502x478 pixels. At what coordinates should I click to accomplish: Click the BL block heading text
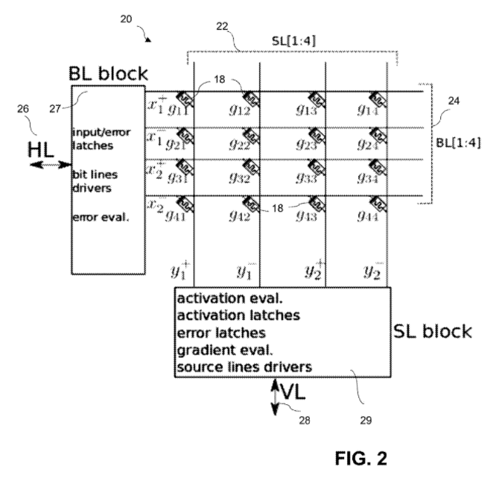(109, 74)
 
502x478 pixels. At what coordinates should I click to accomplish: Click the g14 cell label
(368, 110)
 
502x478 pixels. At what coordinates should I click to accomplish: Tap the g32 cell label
(238, 177)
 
